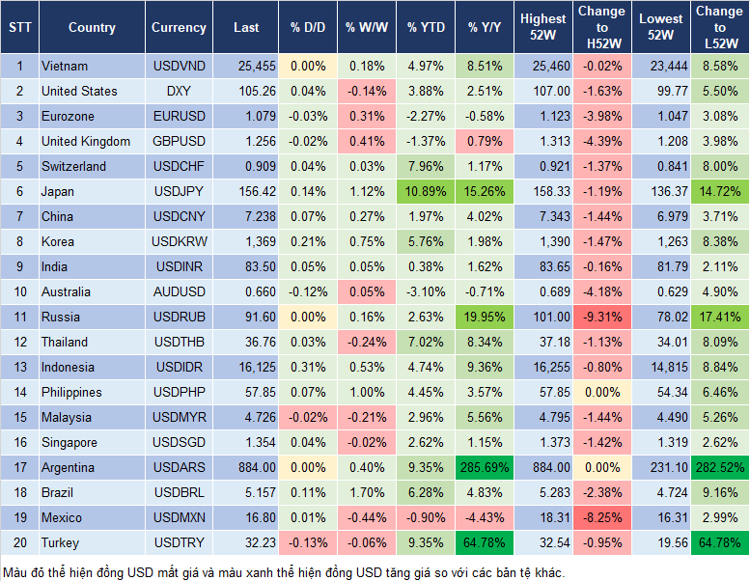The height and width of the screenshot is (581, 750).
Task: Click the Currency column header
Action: pyautogui.click(x=179, y=28)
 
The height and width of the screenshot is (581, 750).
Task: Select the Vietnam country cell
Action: pyautogui.click(x=65, y=67)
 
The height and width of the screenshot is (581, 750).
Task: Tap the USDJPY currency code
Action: pyautogui.click(x=179, y=192)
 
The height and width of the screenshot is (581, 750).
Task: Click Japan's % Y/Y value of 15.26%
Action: pyautogui.click(x=486, y=192)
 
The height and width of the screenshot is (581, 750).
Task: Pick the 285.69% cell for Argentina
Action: pyautogui.click(x=486, y=468)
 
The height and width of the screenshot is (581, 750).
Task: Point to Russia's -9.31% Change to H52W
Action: pyautogui.click(x=600, y=318)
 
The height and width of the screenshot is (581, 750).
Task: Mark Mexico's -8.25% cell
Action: pyautogui.click(x=600, y=518)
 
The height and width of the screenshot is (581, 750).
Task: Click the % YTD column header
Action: pyautogui.click(x=426, y=28)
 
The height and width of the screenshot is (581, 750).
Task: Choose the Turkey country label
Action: pyautogui.click(x=61, y=543)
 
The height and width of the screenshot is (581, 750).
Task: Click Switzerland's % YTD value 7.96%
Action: pyautogui.click(x=426, y=167)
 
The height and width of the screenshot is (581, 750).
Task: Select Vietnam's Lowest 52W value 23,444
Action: pyautogui.click(x=659, y=67)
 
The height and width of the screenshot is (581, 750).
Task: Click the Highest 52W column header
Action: pyautogui.click(x=542, y=28)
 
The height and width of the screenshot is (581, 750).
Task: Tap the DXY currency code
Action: pyautogui.click(x=179, y=92)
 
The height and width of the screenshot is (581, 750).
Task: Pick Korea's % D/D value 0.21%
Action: pyautogui.click(x=308, y=242)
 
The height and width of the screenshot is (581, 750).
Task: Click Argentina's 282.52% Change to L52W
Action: pyautogui.click(x=718, y=468)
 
